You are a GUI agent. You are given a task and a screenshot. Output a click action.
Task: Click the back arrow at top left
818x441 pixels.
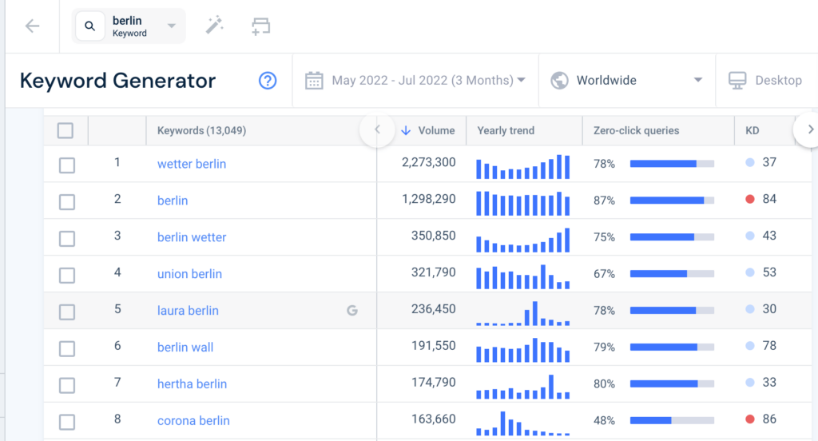[x=32, y=26]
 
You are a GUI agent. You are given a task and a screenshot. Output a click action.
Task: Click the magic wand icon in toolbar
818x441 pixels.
[x=214, y=26]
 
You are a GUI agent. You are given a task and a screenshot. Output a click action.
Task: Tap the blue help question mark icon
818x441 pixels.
[x=268, y=81]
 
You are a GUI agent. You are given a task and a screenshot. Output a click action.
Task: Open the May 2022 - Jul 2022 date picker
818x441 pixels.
[x=415, y=80]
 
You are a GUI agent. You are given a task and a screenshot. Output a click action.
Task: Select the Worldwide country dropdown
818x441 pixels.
[x=627, y=80]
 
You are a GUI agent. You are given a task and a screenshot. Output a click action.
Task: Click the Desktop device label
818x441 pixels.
[x=777, y=80]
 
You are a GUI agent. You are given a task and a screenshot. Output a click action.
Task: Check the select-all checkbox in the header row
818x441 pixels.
[x=66, y=130]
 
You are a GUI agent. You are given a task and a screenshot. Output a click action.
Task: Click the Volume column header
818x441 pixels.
[x=435, y=130]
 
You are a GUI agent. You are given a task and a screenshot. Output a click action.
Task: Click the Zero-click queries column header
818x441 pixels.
[x=636, y=130]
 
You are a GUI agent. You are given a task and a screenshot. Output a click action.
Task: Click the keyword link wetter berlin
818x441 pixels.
[x=192, y=164]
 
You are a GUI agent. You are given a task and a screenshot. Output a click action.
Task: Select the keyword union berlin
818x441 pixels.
[x=189, y=274]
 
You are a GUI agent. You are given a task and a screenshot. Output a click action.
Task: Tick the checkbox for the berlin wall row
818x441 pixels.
[x=67, y=348]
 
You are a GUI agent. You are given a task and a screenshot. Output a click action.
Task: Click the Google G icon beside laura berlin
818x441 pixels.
[x=351, y=311]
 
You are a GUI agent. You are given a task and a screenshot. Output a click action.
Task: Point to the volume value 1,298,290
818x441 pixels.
[x=429, y=200]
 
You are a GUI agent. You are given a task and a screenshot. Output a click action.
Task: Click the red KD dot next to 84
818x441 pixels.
[x=749, y=199]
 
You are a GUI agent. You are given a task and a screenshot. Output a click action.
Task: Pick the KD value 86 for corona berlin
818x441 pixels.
[x=769, y=419]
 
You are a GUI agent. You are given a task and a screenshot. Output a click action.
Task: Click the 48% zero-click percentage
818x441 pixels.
[x=604, y=421]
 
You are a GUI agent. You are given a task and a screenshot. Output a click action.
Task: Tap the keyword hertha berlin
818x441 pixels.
[x=192, y=384]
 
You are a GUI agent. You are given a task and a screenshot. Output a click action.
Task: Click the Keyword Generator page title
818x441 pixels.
[x=117, y=81]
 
